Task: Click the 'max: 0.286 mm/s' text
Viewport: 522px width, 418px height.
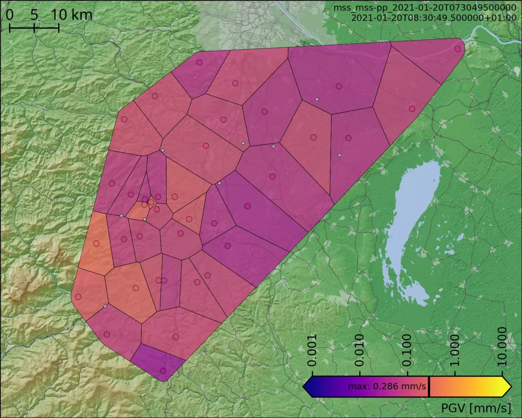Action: click(387, 387)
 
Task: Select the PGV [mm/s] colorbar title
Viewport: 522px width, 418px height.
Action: click(476, 408)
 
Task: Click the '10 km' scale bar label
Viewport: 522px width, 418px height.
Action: click(72, 15)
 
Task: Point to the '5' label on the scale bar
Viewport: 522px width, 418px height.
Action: click(34, 15)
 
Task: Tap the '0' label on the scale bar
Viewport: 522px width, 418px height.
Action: click(10, 15)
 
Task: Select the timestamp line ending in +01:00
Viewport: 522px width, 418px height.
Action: click(433, 18)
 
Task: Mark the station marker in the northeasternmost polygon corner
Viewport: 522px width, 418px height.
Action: click(457, 49)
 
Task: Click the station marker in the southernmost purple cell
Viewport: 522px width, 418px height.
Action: click(163, 371)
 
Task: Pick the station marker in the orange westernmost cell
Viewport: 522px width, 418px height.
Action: click(96, 243)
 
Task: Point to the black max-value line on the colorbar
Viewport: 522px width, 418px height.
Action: click(429, 387)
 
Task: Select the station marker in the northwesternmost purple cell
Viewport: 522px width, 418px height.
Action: click(199, 63)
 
